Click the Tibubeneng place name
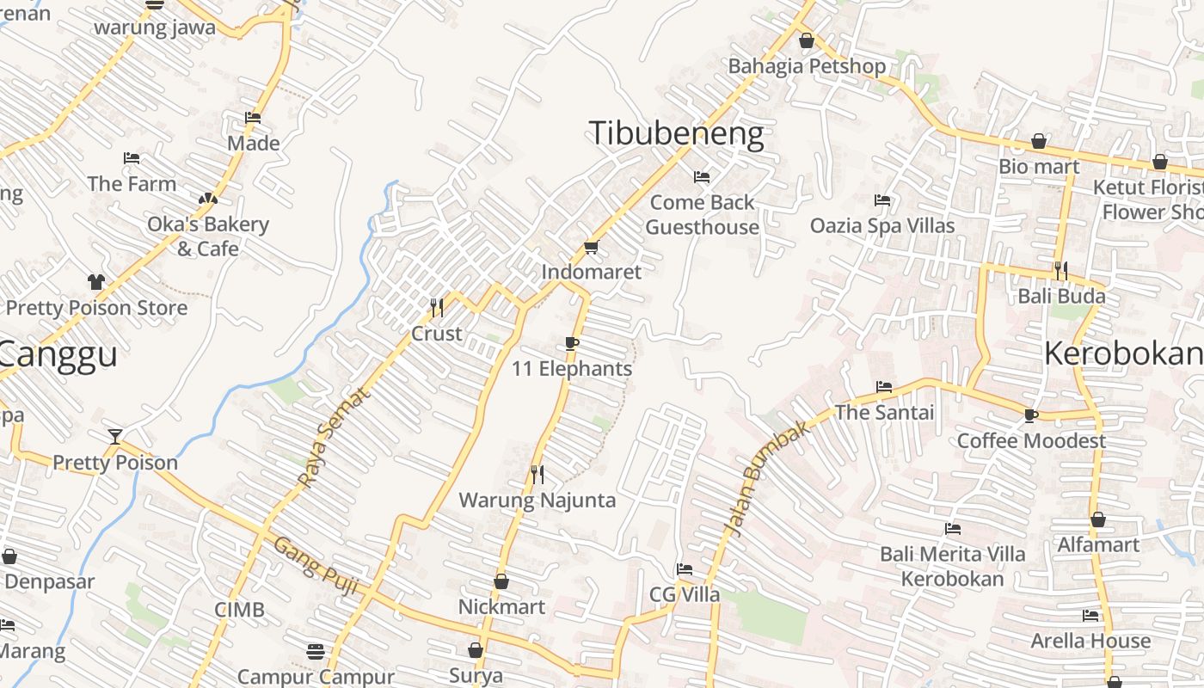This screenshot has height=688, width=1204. pyautogui.click(x=676, y=134)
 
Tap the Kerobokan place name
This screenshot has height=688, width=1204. pyautogui.click(x=1123, y=353)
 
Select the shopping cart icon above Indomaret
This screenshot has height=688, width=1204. pyautogui.click(x=591, y=248)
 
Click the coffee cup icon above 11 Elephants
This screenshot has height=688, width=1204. pyautogui.click(x=572, y=344)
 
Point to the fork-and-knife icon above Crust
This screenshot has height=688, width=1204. pyautogui.click(x=437, y=307)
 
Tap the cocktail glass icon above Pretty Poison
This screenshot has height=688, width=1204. pyautogui.click(x=115, y=436)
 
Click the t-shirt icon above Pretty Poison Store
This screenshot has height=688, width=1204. pyautogui.click(x=95, y=281)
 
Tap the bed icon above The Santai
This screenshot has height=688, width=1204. pyautogui.click(x=884, y=387)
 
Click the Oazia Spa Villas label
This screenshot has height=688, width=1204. pyautogui.click(x=882, y=226)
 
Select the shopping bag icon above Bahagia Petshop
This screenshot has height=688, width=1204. pyautogui.click(x=807, y=40)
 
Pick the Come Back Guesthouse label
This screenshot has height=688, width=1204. pyautogui.click(x=703, y=215)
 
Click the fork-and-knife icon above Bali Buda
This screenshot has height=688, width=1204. pyautogui.click(x=1061, y=270)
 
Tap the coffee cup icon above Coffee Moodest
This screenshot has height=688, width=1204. pyautogui.click(x=1031, y=415)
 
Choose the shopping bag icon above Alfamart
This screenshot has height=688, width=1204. pyautogui.click(x=1098, y=519)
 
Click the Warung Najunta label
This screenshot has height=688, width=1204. pyautogui.click(x=537, y=501)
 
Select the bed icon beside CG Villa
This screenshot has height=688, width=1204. pyautogui.click(x=685, y=569)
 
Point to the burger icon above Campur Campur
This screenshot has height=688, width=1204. pyautogui.click(x=316, y=651)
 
